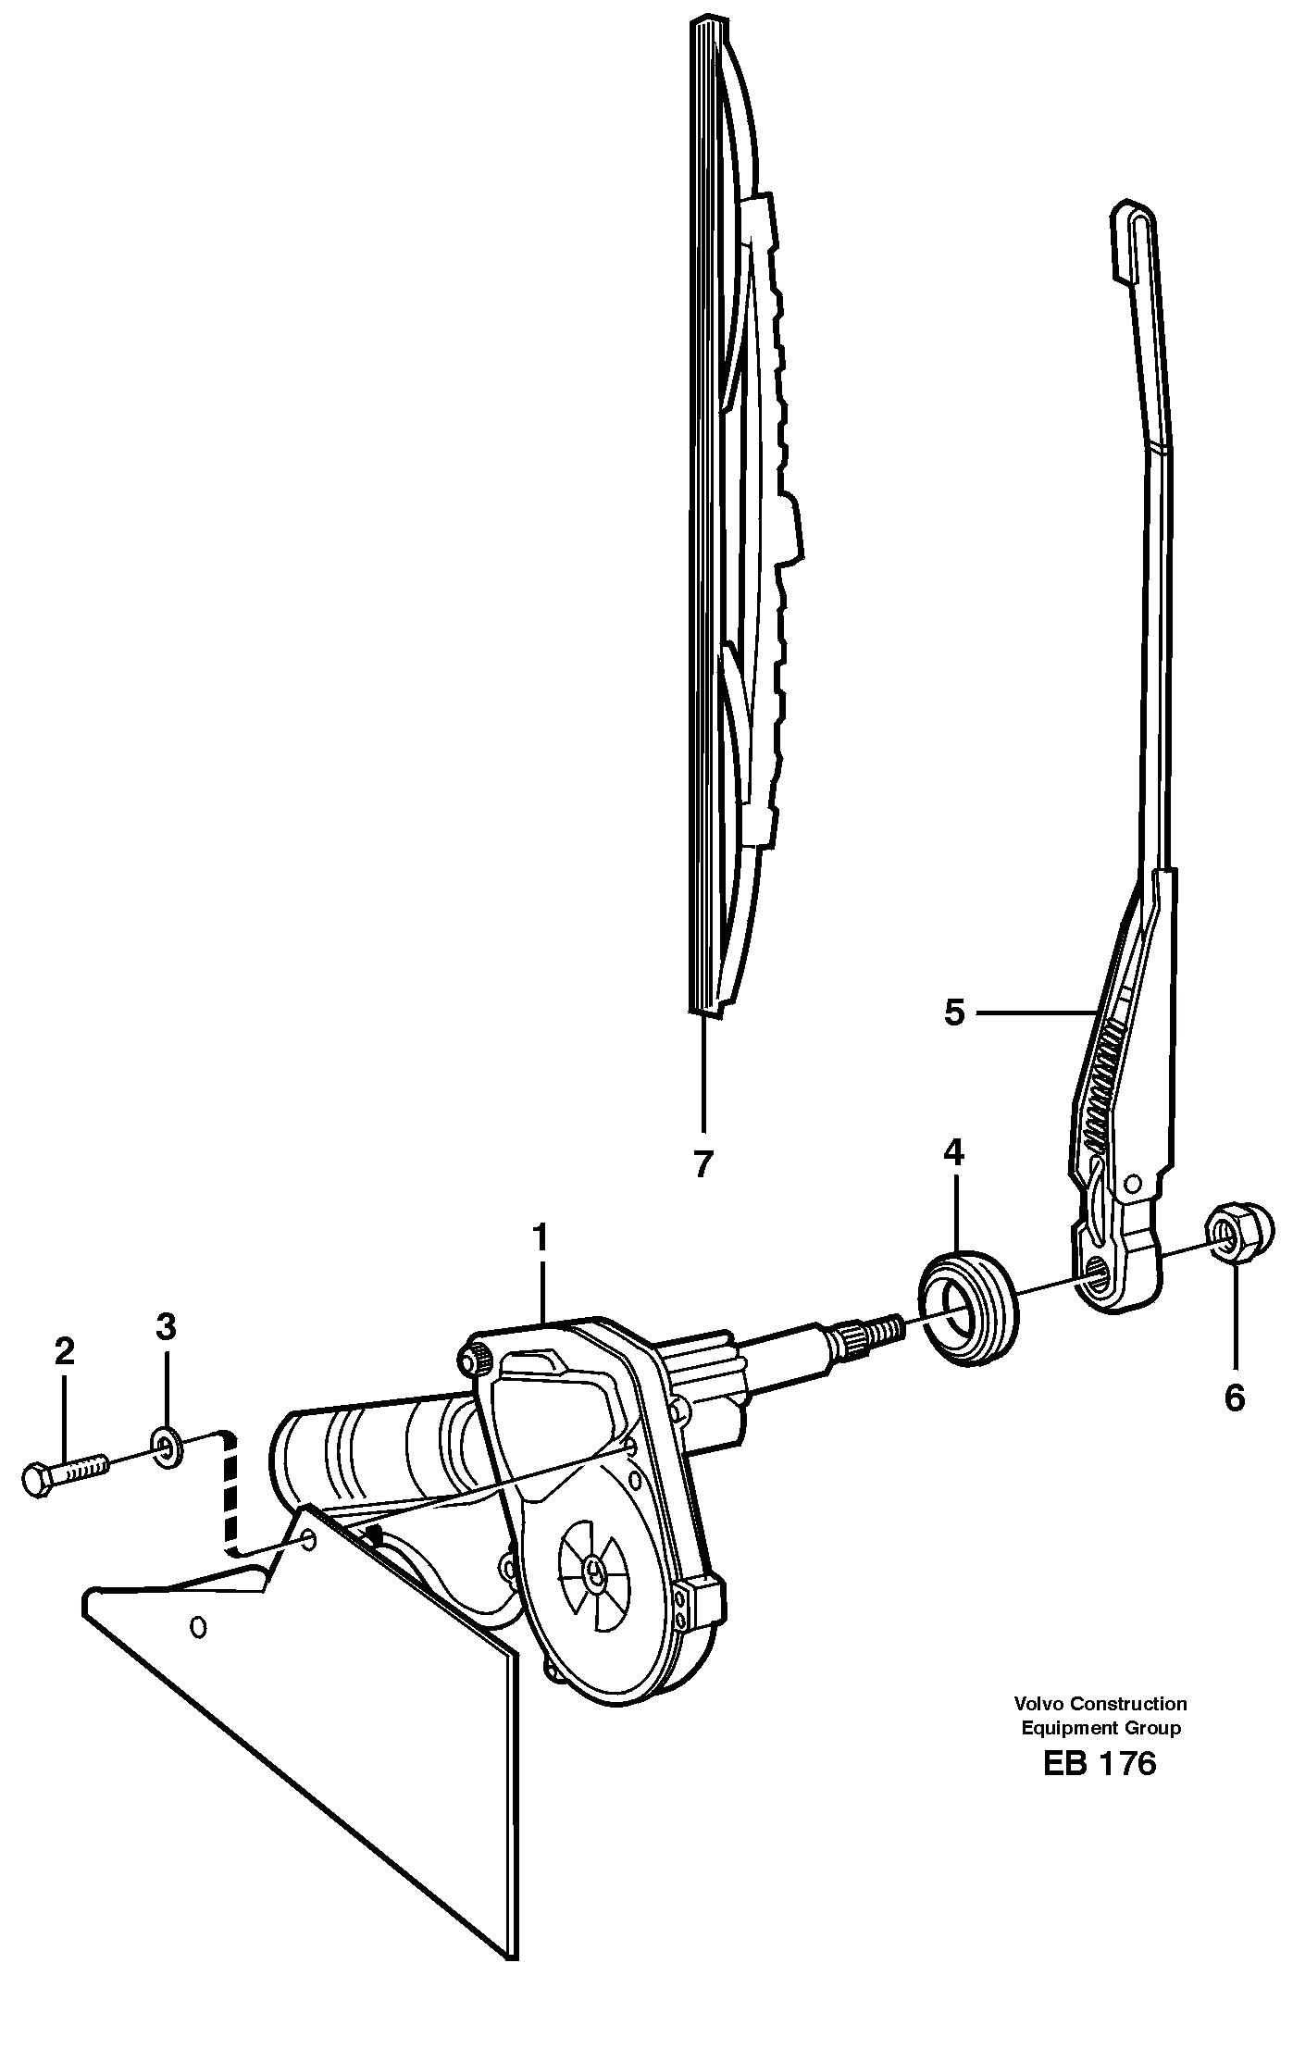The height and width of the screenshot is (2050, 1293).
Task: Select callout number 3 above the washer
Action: point(166,1327)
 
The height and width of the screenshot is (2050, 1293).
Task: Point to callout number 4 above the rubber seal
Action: point(953,1152)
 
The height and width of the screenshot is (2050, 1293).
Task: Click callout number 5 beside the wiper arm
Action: point(954,1013)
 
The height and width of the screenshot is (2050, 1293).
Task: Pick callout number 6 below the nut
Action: point(1234,1398)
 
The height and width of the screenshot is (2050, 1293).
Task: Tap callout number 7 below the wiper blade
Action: point(702,1163)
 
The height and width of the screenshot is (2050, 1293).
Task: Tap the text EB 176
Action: point(1100,1764)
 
